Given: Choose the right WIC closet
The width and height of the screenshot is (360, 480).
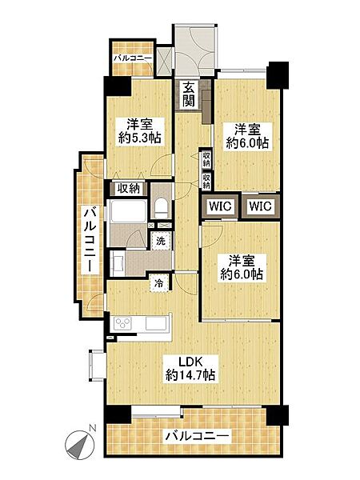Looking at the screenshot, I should tap(259, 206).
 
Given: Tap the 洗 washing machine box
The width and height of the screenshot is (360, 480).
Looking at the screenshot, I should tap(161, 241).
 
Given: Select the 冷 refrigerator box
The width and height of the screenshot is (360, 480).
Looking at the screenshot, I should tap(160, 282).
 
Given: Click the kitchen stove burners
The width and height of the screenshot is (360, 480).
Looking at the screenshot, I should tap(126, 322).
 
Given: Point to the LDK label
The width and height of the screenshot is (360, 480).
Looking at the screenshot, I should tap(190, 360).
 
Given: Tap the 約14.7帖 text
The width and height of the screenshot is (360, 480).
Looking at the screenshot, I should tap(190, 375).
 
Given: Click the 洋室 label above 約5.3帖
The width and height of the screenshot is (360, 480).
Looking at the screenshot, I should tap(138, 125).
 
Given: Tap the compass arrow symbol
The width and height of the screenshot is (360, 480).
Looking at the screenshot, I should tap(80, 442).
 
